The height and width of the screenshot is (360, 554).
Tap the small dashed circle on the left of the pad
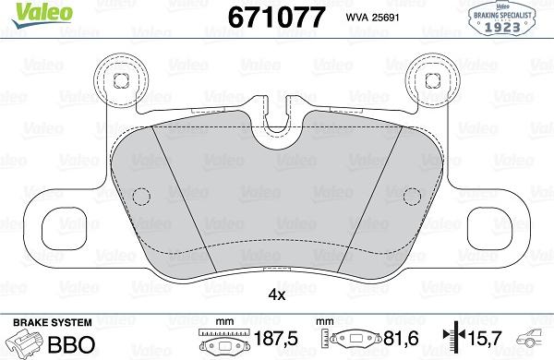coord(141,197)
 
